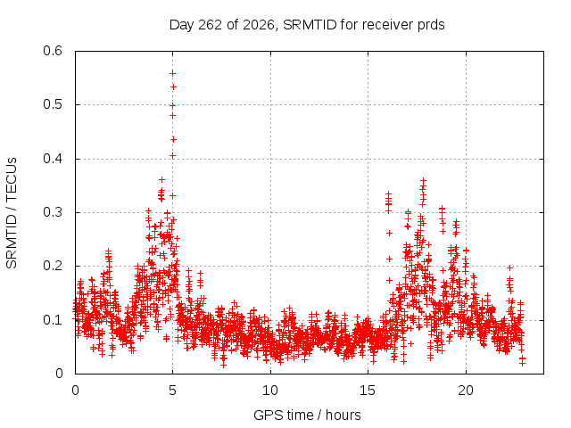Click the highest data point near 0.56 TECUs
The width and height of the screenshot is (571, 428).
pos(172,73)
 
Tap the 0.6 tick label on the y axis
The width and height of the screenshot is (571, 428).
pos(53,51)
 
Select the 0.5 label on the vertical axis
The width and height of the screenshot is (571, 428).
pos(53,104)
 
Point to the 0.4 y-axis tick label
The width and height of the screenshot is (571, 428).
pos(53,159)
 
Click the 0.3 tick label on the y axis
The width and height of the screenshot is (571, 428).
pos(53,212)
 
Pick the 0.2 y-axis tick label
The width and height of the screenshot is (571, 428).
pos(53,266)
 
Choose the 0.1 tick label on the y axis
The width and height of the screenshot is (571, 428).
pos(53,320)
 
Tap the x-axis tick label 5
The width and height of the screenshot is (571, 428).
pos(172,391)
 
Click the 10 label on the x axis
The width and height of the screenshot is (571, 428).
pos(270,391)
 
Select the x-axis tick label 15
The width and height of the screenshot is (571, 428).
pos(368,391)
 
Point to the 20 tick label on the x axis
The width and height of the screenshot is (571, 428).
pos(466,391)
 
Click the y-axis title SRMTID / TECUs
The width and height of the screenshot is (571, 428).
pos(12,213)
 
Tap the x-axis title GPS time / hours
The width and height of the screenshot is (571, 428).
pos(307,416)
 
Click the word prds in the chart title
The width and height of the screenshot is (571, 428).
pos(431,25)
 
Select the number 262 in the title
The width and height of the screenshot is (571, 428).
pos(211,25)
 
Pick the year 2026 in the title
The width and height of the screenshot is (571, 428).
pos(259,25)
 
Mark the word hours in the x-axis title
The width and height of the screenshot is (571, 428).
pos(343,415)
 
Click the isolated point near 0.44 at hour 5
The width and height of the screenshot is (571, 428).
pos(173,139)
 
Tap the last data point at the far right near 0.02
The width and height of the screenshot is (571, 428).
pos(522,363)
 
